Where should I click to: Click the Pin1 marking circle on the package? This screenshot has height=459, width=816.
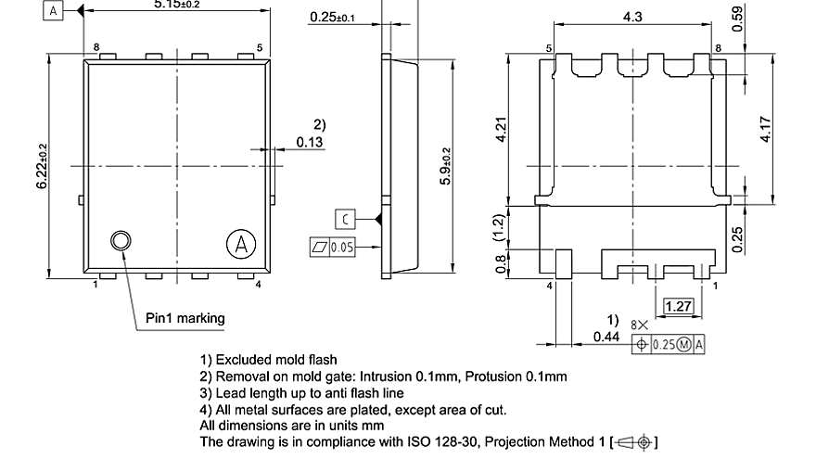(x=121, y=242)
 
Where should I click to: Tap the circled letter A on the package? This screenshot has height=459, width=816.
(x=240, y=245)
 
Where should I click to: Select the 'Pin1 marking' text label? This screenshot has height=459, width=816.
(x=185, y=318)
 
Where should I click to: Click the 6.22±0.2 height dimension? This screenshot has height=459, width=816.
(x=42, y=167)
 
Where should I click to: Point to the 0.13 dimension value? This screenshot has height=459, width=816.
(x=310, y=142)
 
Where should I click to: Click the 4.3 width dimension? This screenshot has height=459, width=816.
(x=632, y=17)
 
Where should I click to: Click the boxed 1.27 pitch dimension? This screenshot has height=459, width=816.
(x=679, y=306)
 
